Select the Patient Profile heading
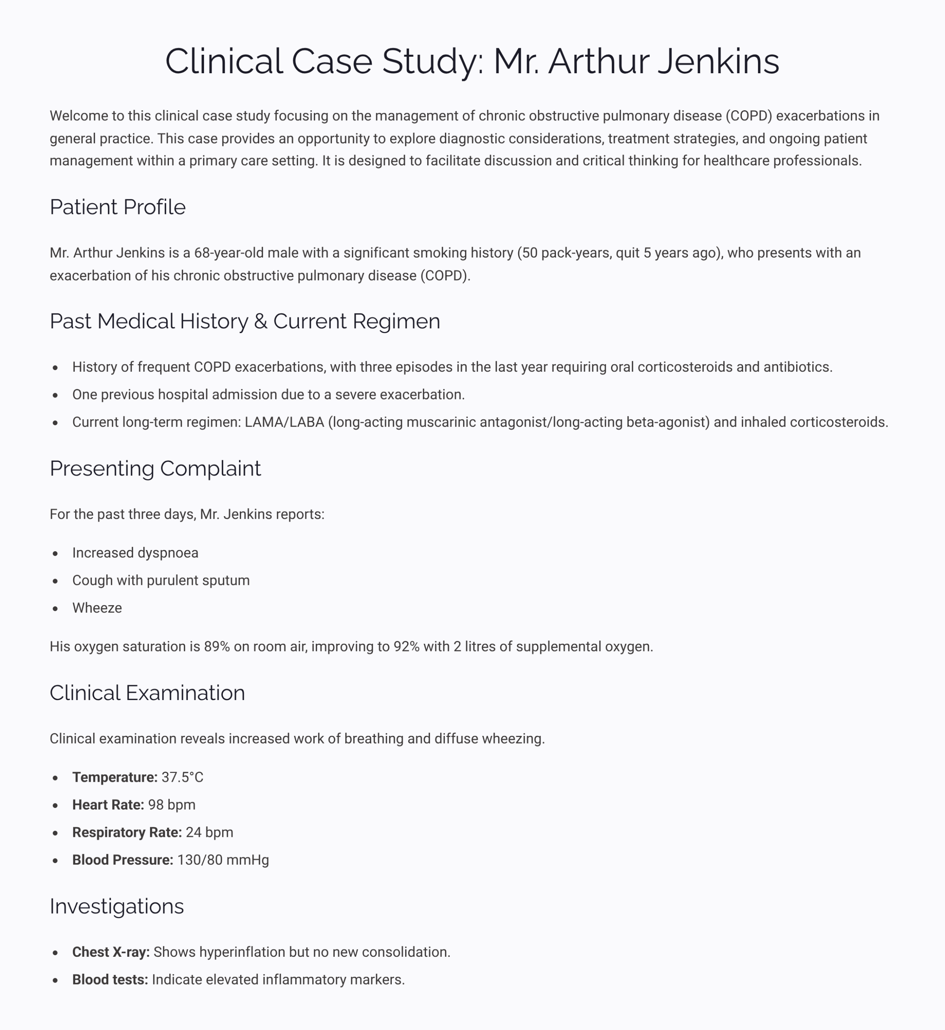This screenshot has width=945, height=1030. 117,207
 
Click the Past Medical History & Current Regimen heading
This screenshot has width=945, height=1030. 245,321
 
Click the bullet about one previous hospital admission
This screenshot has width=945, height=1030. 268,394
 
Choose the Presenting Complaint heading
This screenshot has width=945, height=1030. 155,468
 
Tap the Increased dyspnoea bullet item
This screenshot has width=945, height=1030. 135,553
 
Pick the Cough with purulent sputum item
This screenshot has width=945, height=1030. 161,581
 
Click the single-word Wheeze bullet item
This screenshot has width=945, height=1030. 97,608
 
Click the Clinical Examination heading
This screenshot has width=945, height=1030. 147,693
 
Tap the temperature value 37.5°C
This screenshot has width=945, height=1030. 183,777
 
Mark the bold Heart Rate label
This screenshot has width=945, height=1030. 108,805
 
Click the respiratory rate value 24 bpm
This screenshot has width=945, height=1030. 209,832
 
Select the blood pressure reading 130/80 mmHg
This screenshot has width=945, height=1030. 223,860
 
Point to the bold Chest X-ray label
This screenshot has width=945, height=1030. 111,952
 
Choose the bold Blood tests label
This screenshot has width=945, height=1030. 110,980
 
